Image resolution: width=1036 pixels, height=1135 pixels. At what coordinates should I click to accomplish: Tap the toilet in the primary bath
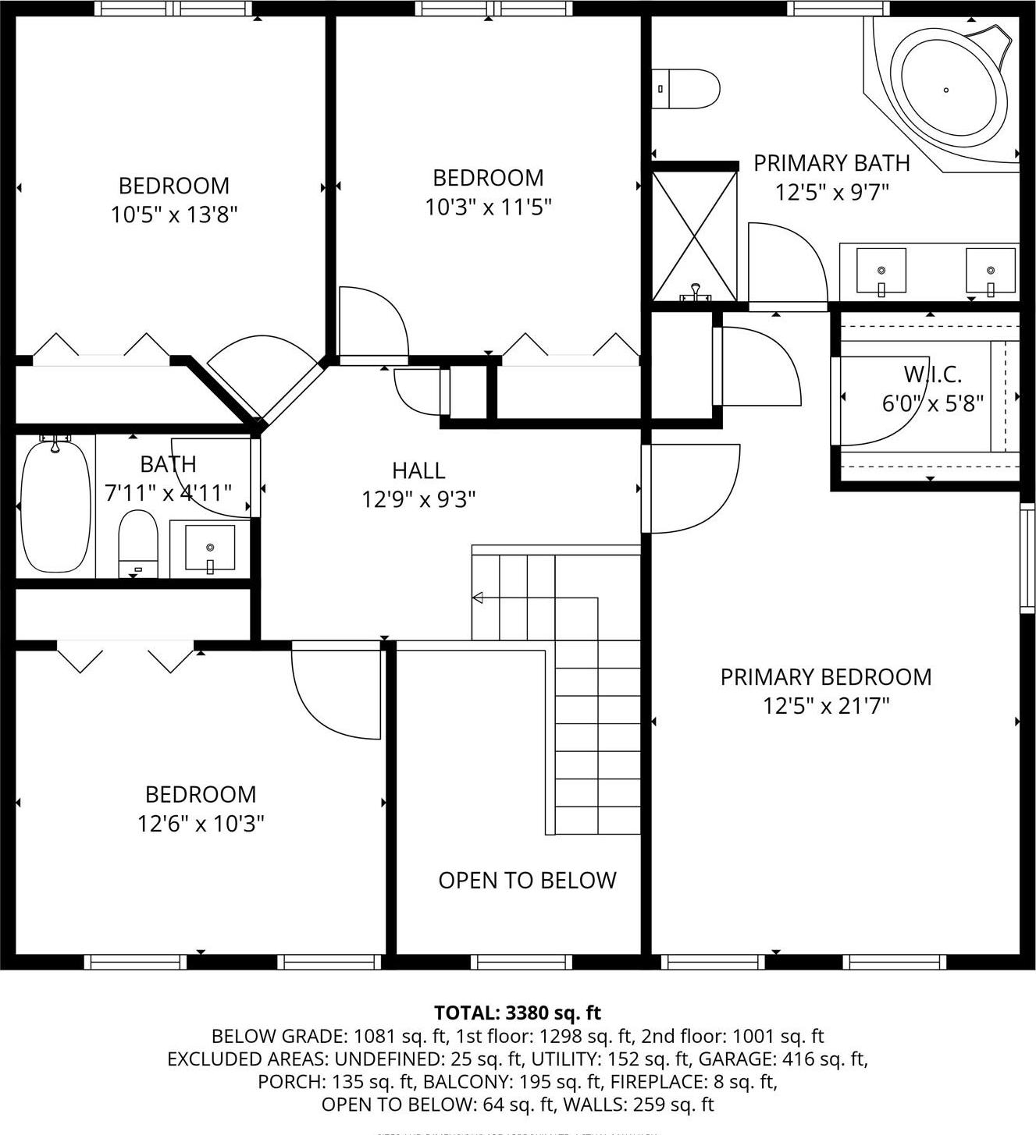[x=686, y=89]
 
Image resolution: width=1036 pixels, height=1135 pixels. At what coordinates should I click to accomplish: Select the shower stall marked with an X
[x=694, y=236]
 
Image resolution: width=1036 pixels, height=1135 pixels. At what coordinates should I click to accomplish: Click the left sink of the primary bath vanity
[x=881, y=270]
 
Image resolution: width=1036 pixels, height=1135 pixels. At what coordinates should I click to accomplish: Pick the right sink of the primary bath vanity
[x=990, y=270]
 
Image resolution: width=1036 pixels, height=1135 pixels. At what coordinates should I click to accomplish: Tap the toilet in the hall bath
[x=138, y=543]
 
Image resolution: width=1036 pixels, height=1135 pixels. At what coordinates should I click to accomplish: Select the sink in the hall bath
[x=209, y=548]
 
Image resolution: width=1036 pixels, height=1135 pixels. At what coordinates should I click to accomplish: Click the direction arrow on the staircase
[x=478, y=598]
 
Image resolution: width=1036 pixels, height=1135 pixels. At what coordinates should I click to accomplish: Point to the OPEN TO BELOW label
[x=527, y=881]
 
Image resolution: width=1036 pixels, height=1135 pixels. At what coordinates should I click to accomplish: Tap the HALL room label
[x=418, y=470]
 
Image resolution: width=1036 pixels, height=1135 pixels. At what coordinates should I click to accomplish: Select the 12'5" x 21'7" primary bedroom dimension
[x=826, y=706]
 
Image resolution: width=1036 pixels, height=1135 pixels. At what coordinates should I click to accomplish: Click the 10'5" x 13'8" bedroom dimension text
[x=173, y=215]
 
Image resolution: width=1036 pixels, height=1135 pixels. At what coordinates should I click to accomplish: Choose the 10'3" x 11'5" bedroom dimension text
[x=488, y=207]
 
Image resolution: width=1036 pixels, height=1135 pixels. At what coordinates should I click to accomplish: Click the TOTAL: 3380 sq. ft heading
[x=518, y=1013]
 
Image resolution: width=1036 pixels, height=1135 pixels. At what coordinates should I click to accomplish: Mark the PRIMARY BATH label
[x=831, y=163]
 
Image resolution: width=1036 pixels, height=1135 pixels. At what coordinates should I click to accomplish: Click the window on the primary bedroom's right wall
[x=1027, y=558]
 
